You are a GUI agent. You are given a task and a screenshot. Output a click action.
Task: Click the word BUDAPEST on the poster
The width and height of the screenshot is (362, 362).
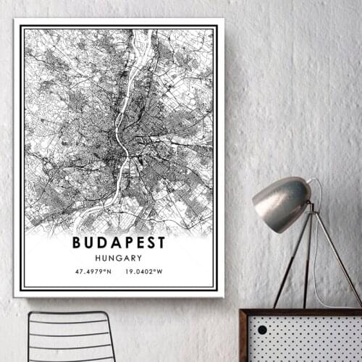point(119,242)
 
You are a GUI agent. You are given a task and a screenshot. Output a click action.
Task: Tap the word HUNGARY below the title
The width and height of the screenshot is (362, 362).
point(119,258)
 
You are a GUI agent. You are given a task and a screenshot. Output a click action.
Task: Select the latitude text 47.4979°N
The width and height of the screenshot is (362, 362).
point(93,272)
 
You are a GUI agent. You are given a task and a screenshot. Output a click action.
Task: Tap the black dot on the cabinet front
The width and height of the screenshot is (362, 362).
point(262,329)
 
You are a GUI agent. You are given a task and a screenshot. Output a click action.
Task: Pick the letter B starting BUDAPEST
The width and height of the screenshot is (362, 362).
point(77,242)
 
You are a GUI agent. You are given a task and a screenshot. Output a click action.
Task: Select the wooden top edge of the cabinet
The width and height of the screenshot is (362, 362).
point(300,312)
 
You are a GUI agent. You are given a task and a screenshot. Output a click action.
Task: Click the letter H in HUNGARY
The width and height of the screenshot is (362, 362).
point(98,258)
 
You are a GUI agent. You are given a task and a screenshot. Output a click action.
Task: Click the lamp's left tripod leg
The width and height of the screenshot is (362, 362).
point(290,264)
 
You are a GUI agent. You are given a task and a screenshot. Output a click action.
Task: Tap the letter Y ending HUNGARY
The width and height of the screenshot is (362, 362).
point(140,258)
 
